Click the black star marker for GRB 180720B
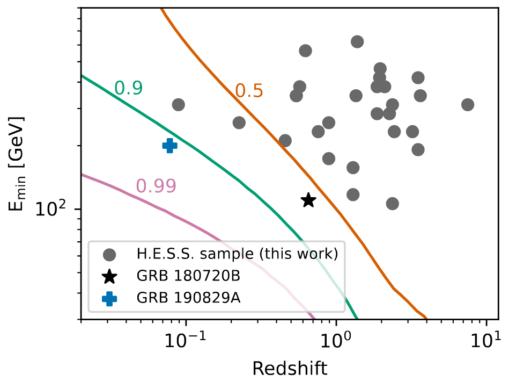pos(308,200)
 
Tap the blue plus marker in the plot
pos(170,145)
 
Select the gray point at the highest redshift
pos(468,105)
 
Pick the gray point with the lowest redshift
pos(179,105)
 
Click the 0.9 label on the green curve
pos(129,88)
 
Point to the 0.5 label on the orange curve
pos(249,91)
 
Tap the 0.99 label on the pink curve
pos(156,185)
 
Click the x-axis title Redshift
pos(290,369)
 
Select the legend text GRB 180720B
pos(188,276)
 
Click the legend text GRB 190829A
pos(188,298)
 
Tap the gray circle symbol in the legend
pos(109,254)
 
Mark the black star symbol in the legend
pos(109,276)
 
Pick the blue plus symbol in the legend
pos(109,298)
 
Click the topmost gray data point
pos(357,42)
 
